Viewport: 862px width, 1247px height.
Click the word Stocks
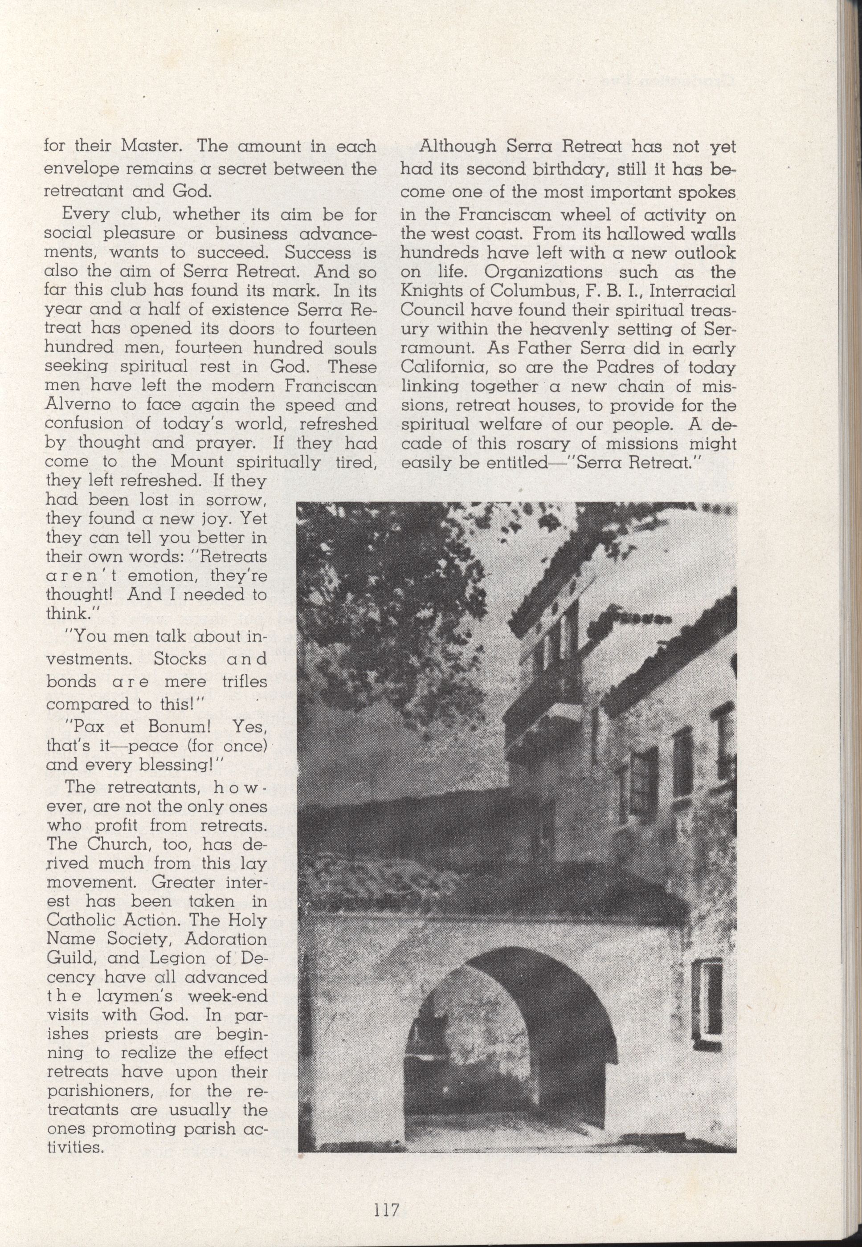[180, 659]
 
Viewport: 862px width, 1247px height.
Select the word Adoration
[225, 939]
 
